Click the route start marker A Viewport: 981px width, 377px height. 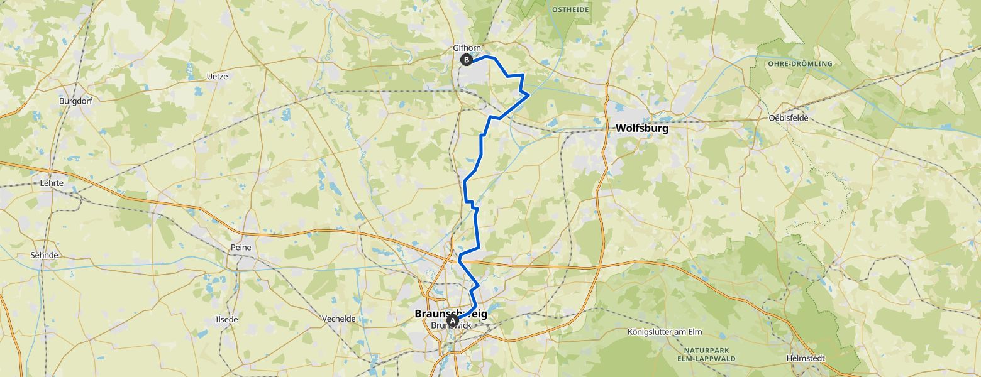(452, 321)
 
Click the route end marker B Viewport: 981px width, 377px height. (467, 60)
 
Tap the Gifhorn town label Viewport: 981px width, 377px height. (467, 48)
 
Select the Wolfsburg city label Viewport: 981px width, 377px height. (641, 128)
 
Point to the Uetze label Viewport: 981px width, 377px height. (217, 76)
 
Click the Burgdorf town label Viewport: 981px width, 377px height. (75, 101)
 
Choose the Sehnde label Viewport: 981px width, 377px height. (44, 256)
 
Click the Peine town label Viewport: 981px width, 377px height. (241, 248)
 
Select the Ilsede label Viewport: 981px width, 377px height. (226, 319)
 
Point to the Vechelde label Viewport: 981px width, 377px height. (338, 319)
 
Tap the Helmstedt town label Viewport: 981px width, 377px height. (805, 358)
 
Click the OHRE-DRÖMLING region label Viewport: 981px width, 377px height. (799, 63)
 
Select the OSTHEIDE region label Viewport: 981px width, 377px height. (570, 9)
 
